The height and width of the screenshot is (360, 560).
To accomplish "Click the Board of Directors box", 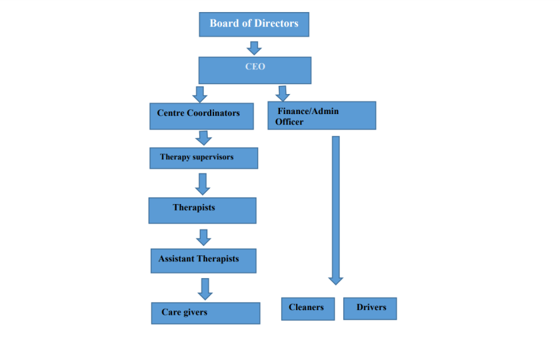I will pyautogui.click(x=254, y=24).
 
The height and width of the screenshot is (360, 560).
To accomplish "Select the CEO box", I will pyautogui.click(x=255, y=70).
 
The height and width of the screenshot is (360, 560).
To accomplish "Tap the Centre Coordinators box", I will pyautogui.click(x=201, y=116).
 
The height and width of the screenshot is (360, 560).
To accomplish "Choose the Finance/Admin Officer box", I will pyautogui.click(x=321, y=115).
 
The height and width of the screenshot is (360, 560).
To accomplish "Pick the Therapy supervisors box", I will pyautogui.click(x=203, y=158).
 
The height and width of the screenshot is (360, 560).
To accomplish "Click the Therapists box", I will pyautogui.click(x=202, y=210).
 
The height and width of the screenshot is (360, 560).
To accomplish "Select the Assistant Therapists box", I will pyautogui.click(x=203, y=261).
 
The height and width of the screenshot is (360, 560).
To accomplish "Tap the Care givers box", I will pyautogui.click(x=205, y=313).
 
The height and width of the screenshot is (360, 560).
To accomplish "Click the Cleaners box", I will pyautogui.click(x=307, y=309).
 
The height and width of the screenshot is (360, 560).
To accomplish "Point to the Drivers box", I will pyautogui.click(x=370, y=309).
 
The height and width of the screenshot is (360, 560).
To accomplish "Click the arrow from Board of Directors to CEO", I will pyautogui.click(x=254, y=48).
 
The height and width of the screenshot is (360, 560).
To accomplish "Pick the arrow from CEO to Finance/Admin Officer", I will pyautogui.click(x=283, y=93).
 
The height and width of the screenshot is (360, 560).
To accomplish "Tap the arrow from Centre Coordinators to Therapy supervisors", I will pyautogui.click(x=204, y=138).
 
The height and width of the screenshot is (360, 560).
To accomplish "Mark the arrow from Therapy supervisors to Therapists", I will pyautogui.click(x=202, y=183).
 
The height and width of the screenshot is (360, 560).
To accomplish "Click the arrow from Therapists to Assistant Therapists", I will pyautogui.click(x=204, y=237).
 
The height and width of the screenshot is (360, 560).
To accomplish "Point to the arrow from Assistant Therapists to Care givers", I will pyautogui.click(x=205, y=288).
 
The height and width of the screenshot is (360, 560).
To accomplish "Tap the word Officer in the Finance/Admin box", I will pyautogui.click(x=289, y=122).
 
